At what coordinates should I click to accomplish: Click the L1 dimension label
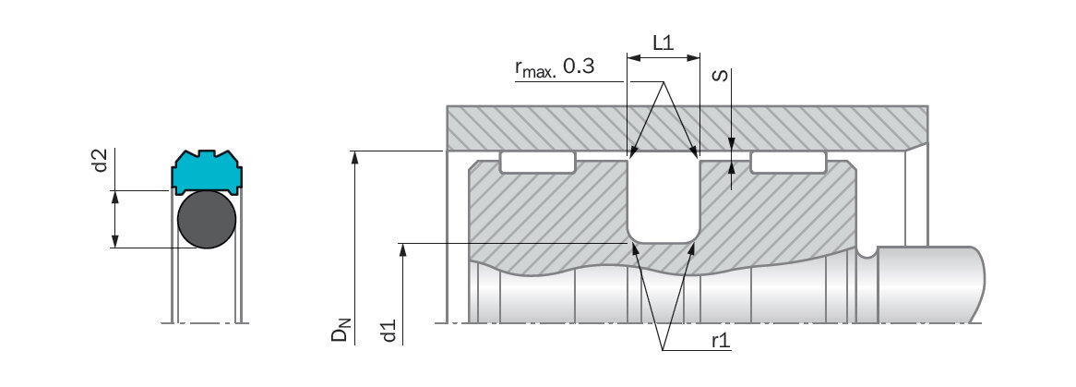(663, 43)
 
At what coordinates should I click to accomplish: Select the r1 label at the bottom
(721, 340)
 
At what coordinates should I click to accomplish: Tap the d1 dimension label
(389, 330)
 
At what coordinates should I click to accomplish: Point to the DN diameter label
(340, 329)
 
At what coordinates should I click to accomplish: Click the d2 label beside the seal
(101, 160)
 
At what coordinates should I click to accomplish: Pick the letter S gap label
(721, 75)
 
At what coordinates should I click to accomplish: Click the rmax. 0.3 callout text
(555, 67)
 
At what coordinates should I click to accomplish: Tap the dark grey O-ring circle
(207, 219)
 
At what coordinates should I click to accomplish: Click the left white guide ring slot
(537, 163)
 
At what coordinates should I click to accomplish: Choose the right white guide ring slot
(788, 163)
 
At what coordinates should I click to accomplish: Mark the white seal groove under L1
(664, 200)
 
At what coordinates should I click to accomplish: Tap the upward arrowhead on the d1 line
(403, 249)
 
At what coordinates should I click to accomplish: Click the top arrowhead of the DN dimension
(354, 157)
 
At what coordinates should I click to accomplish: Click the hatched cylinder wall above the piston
(687, 127)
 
